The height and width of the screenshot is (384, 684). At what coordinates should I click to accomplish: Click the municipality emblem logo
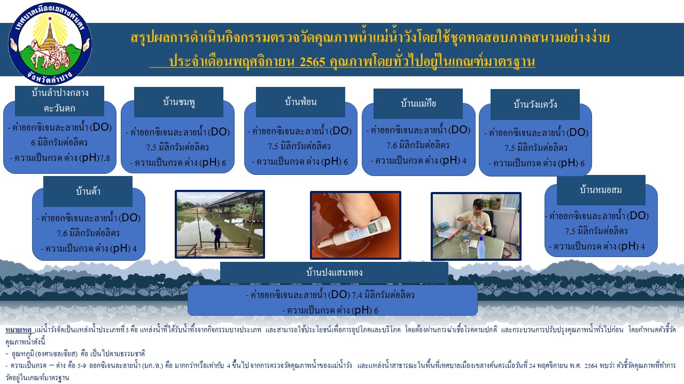(50, 43)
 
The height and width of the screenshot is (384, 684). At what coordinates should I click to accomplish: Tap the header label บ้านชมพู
(179, 102)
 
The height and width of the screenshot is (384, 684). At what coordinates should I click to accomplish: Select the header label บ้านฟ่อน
(300, 101)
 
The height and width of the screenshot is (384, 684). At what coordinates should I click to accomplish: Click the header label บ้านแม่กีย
(418, 103)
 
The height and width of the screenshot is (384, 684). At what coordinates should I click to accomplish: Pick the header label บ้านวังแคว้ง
(535, 104)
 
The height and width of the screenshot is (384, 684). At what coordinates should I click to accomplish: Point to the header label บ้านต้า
(88, 191)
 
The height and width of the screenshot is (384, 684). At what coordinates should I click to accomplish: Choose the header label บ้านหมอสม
(601, 190)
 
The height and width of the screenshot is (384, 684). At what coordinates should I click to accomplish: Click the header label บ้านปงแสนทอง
(334, 272)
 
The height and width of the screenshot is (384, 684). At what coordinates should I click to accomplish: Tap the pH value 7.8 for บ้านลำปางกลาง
(105, 158)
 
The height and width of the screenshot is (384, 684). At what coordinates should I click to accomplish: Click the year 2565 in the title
(313, 62)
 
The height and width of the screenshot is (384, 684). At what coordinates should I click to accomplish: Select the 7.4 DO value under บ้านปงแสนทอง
(357, 295)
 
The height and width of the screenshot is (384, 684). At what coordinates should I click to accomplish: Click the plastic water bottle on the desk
(481, 247)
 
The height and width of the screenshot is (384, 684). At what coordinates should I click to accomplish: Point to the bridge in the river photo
(234, 203)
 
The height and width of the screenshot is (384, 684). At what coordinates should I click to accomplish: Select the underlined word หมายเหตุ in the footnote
(18, 330)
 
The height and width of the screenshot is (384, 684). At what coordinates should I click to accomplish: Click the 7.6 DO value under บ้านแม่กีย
(392, 146)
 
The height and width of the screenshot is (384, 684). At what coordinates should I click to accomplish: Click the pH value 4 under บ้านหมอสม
(643, 247)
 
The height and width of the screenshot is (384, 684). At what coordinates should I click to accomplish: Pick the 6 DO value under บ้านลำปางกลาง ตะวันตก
(33, 142)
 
